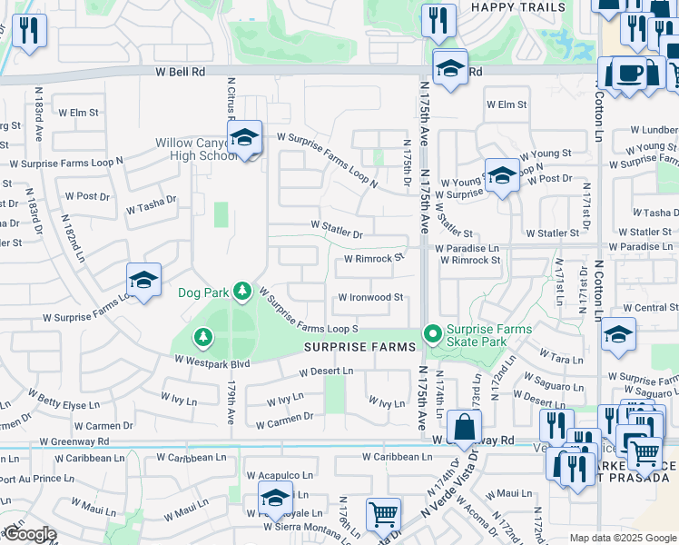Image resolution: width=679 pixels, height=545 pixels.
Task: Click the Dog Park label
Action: [x=202, y=292]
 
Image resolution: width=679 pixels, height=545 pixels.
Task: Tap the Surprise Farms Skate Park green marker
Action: [x=433, y=335]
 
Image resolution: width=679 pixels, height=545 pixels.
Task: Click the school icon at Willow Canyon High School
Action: [x=244, y=138]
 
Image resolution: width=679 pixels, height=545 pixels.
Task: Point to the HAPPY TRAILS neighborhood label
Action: [x=517, y=7]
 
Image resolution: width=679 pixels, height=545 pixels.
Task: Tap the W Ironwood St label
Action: [x=370, y=298]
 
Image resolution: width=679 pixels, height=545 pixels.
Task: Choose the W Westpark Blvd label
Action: [x=212, y=363]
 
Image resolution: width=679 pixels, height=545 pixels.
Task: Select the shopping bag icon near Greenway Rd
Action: [x=464, y=427]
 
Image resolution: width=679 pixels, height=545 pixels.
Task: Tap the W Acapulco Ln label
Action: [x=280, y=475]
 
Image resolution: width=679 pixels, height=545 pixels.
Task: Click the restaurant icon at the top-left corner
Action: [x=30, y=31]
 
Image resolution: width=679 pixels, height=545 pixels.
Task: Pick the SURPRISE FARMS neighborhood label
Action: [x=359, y=348]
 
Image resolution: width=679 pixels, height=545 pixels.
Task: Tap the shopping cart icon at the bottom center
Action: [x=383, y=515]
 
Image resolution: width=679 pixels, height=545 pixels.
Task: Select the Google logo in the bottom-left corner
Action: [x=30, y=534]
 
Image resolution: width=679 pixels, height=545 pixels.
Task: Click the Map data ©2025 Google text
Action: [x=622, y=538]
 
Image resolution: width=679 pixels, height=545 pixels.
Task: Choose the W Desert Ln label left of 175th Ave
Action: [x=327, y=371]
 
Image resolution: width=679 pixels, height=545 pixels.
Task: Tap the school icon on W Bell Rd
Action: [x=449, y=68]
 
